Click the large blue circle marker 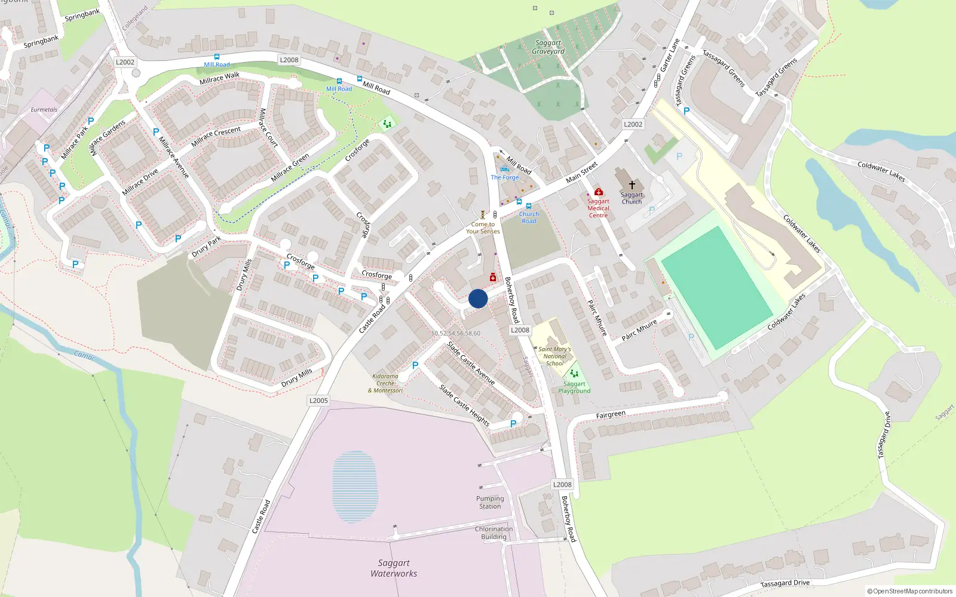(478, 298)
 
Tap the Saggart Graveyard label (548, 47)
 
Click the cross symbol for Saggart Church (632, 185)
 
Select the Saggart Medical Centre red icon (598, 192)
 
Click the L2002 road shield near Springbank (125, 62)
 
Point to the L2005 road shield (318, 401)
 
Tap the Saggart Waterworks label (394, 568)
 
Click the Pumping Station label (490, 502)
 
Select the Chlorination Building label (494, 533)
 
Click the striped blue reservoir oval (355, 487)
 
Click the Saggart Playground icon (574, 374)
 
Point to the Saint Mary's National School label (554, 356)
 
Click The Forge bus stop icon (504, 170)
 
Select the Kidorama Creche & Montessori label (385, 383)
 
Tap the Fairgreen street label (611, 414)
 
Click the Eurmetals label (44, 110)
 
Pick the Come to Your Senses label (483, 227)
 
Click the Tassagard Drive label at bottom (785, 583)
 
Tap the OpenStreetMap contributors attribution (910, 591)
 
